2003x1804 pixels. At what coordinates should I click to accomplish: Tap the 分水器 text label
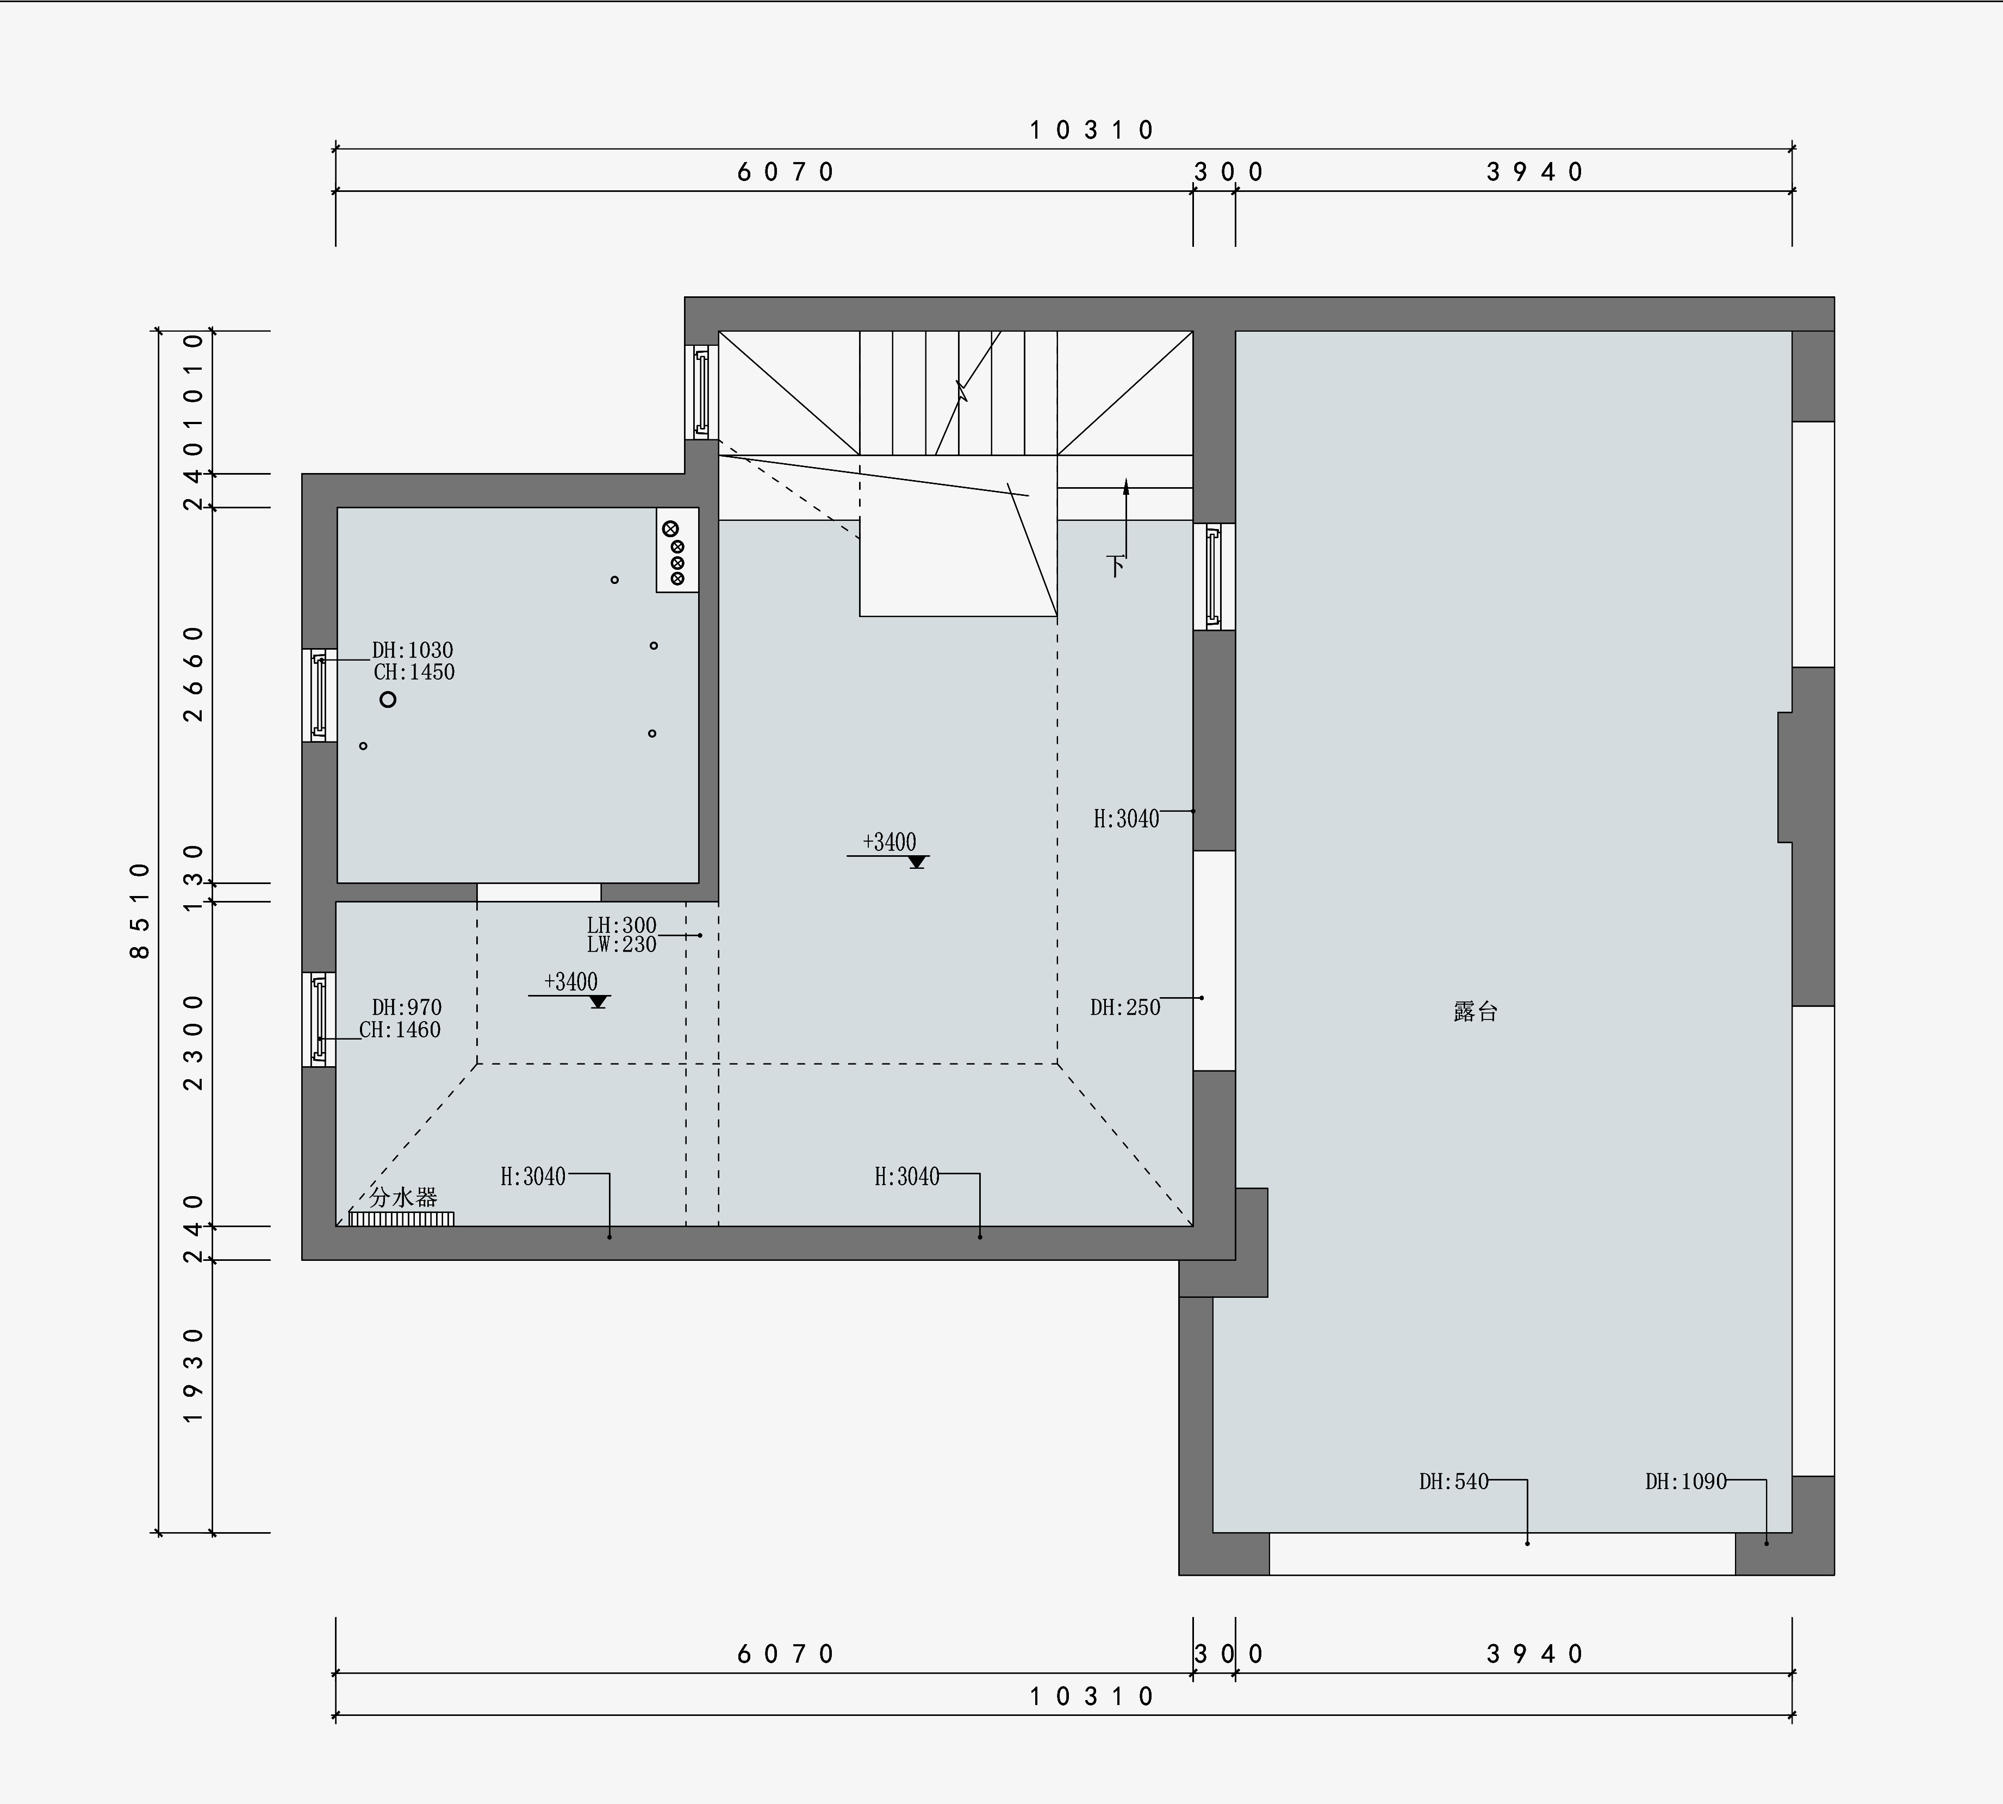pos(403,1196)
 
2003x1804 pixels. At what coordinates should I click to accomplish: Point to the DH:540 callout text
pos(1454,1482)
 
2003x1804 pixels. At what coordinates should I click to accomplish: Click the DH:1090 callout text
pos(1686,1482)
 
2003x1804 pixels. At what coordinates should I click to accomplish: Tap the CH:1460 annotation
pos(400,1030)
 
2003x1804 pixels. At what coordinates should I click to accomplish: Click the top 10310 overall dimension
pos(1092,130)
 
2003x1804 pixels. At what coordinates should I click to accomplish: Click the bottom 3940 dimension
pos(1535,1653)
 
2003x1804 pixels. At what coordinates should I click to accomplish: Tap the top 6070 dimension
pos(786,172)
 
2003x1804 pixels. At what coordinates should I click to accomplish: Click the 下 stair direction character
pos(1116,566)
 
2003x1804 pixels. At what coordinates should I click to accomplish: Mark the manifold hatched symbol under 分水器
pos(401,1218)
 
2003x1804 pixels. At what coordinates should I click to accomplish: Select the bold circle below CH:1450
pos(388,699)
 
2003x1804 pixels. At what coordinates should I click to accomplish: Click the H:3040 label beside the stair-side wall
pos(1126,819)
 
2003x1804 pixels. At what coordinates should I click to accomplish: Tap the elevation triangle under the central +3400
pos(917,861)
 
